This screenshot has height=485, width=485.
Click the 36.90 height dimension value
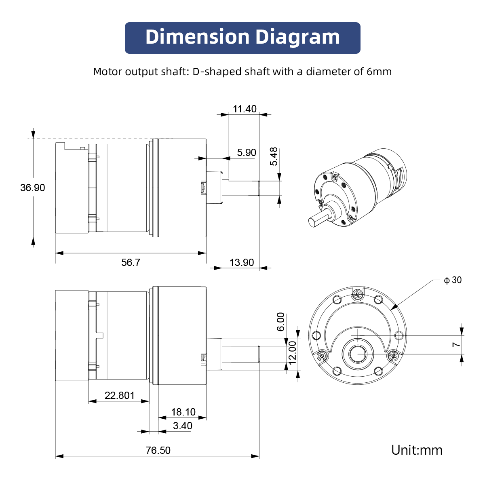pyautogui.click(x=33, y=188)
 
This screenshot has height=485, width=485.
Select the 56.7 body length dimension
pyautogui.click(x=131, y=263)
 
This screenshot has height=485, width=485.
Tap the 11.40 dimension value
pyautogui.click(x=245, y=109)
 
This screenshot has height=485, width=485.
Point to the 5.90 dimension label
pyautogui.click(x=247, y=153)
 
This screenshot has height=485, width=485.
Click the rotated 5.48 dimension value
pyautogui.click(x=274, y=156)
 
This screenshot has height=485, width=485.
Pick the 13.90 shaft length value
pyautogui.click(x=242, y=263)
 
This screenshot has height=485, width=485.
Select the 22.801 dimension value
pyautogui.click(x=120, y=396)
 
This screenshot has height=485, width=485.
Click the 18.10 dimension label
pyautogui.click(x=183, y=412)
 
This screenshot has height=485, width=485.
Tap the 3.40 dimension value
pyautogui.click(x=183, y=426)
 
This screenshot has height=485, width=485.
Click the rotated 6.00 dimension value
pyautogui.click(x=281, y=322)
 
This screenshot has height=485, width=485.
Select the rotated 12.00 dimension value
pyautogui.click(x=293, y=352)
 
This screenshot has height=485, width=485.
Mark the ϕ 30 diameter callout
pyautogui.click(x=453, y=280)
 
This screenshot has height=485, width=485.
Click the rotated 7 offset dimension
pyautogui.click(x=456, y=345)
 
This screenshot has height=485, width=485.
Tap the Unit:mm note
pyautogui.click(x=417, y=450)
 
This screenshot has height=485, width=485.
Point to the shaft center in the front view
pyautogui.click(x=358, y=354)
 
